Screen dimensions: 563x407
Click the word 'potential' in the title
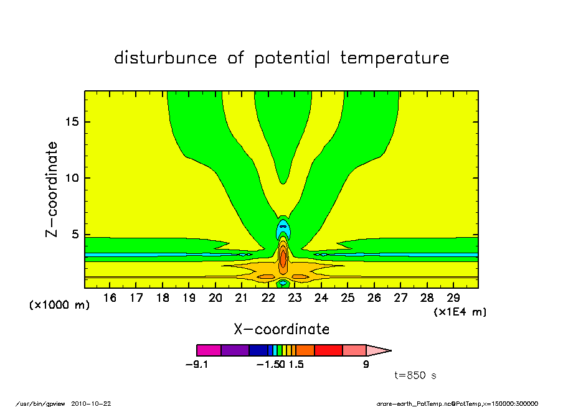(292, 58)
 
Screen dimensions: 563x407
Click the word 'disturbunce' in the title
(166, 58)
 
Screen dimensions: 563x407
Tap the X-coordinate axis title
(281, 329)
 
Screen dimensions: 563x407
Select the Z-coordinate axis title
(52, 189)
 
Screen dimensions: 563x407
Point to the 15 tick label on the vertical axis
(72, 122)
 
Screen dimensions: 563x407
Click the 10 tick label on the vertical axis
(72, 178)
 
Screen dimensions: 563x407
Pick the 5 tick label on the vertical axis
(75, 235)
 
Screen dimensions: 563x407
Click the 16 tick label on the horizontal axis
(110, 298)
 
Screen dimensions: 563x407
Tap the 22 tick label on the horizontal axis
(268, 298)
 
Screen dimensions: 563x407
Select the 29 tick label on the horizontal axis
(453, 298)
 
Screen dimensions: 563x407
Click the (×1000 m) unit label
(59, 305)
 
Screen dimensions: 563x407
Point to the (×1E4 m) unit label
(460, 312)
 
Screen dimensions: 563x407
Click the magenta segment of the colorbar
(209, 350)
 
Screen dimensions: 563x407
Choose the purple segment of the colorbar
(235, 350)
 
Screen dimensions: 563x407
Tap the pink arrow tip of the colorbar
(379, 350)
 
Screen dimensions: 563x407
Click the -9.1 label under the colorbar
(197, 365)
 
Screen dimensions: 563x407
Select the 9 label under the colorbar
(366, 365)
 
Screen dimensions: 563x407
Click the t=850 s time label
(415, 375)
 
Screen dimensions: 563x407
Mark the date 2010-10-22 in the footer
(91, 404)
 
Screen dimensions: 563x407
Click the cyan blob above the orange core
(283, 230)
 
